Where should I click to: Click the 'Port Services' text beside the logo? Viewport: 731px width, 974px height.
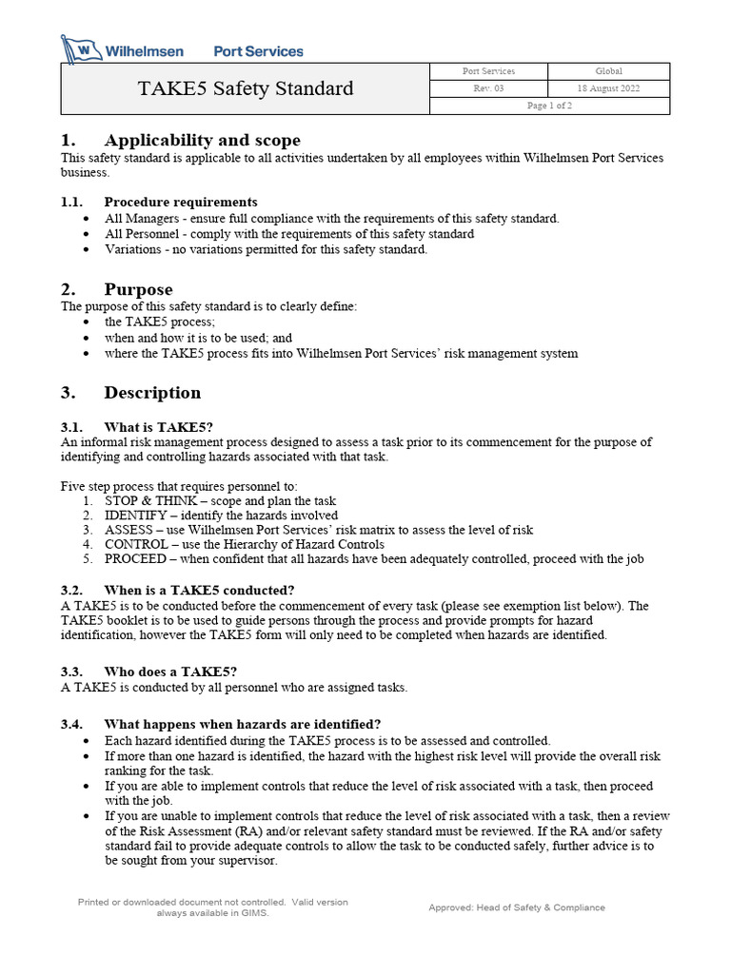coord(258,51)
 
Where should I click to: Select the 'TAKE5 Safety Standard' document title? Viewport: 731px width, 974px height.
coord(246,88)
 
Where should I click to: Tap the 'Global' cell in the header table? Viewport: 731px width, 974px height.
coord(609,71)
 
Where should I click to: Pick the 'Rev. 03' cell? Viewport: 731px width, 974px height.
coord(489,88)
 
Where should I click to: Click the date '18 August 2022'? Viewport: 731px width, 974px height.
coord(609,88)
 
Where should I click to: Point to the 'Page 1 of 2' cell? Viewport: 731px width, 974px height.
coord(549,106)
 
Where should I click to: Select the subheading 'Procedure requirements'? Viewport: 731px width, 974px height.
coord(181,202)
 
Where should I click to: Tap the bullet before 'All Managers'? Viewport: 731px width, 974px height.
coord(88,219)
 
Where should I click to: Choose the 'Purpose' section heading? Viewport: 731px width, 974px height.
coord(139,289)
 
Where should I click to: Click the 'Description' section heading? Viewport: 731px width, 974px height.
coord(152,393)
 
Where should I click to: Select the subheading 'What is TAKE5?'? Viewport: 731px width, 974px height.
coord(158,427)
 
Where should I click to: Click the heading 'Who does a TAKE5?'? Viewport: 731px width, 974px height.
coord(170,672)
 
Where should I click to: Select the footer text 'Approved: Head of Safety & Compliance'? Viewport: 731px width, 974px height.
coord(516,907)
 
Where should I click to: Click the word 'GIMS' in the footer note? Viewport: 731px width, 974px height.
coord(255,913)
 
